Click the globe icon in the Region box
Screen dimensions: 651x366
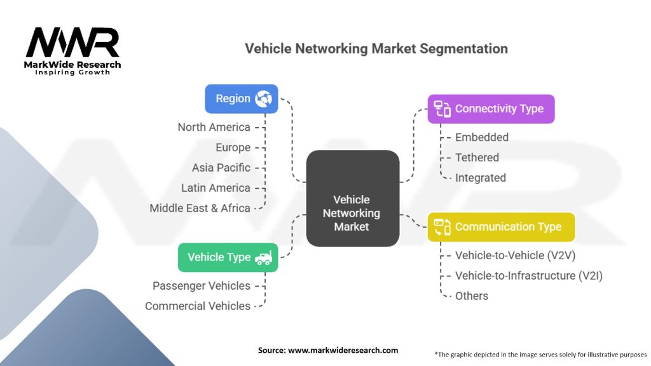click(x=263, y=98)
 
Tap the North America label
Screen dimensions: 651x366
click(x=214, y=127)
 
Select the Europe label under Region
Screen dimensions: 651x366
click(x=233, y=147)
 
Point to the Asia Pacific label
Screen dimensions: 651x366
click(x=221, y=168)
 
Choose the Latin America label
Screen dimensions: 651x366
click(x=216, y=188)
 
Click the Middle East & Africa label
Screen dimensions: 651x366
click(x=200, y=208)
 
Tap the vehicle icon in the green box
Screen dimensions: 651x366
click(x=264, y=258)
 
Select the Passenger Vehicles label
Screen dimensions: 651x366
click(x=202, y=285)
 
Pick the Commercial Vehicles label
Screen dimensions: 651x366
click(x=198, y=306)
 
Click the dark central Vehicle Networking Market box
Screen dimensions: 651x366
click(x=352, y=198)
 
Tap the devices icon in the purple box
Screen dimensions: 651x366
click(x=442, y=109)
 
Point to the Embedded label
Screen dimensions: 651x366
click(x=482, y=137)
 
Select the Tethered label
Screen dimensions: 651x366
click(x=477, y=158)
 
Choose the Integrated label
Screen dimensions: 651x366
click(x=481, y=178)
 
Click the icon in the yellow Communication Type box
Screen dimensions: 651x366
click(x=442, y=227)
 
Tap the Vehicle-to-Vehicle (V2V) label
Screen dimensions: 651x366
click(x=515, y=255)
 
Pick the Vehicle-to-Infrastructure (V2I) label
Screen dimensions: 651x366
click(x=528, y=276)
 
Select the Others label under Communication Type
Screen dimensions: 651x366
click(x=472, y=296)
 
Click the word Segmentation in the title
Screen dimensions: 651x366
click(x=463, y=49)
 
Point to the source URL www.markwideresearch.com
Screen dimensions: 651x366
click(x=343, y=350)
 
